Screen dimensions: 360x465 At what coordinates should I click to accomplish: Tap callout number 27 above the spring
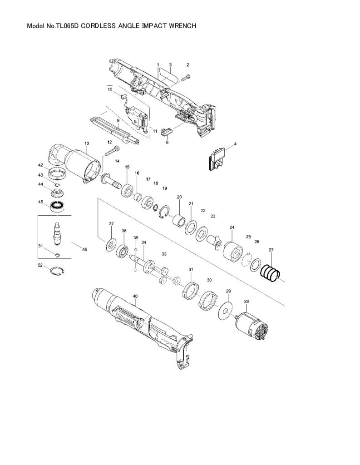click(271, 250)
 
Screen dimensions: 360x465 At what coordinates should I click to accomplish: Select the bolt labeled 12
click(113, 151)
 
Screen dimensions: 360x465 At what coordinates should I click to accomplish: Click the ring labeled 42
click(57, 173)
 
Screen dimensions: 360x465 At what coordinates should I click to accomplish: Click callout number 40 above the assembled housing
click(135, 296)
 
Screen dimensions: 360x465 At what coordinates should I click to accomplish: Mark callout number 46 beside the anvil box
click(84, 249)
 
